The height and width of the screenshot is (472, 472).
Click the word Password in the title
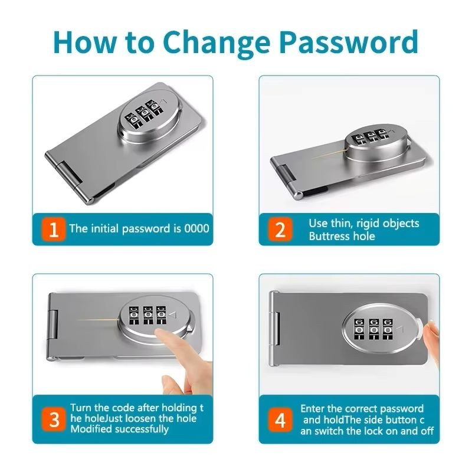click(349, 42)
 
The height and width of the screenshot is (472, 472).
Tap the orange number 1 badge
click(54, 230)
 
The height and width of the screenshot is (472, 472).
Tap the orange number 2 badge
click(280, 230)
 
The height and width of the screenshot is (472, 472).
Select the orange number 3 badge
click(54, 419)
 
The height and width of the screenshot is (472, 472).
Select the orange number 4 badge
click(280, 420)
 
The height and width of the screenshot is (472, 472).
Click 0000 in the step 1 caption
click(196, 228)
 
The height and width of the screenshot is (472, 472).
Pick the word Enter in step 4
click(312, 408)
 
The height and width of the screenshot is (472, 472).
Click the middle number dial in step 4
click(374, 330)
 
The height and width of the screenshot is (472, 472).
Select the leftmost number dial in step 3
click(134, 316)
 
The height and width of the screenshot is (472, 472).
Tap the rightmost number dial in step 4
click(388, 330)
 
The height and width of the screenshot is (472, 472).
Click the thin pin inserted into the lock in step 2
click(329, 153)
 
